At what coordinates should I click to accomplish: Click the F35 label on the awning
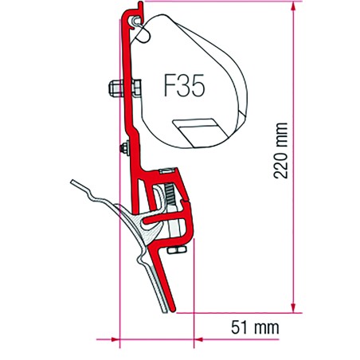[184, 85]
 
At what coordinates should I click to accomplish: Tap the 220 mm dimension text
[280, 151]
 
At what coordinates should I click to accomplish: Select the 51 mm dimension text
[255, 327]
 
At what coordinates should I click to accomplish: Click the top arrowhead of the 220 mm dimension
[293, 6]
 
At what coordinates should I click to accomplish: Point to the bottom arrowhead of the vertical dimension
[293, 308]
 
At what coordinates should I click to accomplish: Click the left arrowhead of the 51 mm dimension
[115, 339]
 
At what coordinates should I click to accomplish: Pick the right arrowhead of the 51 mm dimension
[198, 339]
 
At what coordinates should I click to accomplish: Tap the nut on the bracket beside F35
[136, 87]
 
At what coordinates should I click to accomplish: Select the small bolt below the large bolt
[125, 148]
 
